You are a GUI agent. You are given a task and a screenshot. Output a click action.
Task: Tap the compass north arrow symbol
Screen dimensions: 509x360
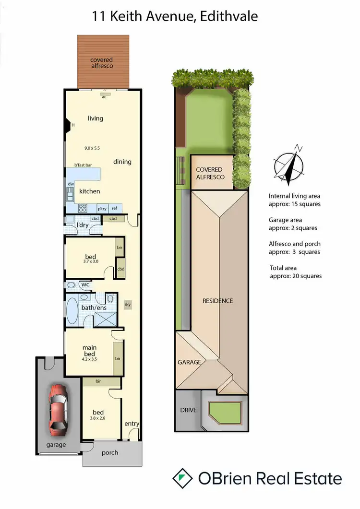(288, 166)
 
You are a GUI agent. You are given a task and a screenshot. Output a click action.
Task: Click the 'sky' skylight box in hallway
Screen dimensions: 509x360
(127, 304)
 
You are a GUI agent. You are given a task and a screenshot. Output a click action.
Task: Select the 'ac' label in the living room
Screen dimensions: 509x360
(104, 96)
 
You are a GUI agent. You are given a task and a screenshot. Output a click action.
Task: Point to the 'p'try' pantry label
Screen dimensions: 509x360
(102, 209)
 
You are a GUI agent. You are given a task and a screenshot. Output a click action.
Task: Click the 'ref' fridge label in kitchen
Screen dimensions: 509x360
(114, 209)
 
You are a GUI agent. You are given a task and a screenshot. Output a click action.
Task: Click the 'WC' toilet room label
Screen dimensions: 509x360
(85, 284)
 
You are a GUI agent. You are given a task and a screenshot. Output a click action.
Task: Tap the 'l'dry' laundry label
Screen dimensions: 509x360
(84, 225)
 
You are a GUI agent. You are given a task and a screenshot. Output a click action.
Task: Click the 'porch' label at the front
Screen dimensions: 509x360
(109, 452)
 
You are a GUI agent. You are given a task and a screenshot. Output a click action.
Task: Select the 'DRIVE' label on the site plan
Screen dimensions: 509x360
(188, 411)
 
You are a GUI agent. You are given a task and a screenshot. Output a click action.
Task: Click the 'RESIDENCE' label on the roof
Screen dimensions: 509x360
(217, 301)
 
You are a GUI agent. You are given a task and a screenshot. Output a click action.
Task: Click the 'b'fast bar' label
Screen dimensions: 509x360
(83, 165)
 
